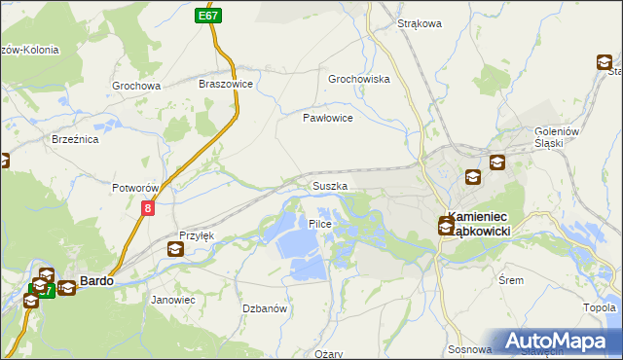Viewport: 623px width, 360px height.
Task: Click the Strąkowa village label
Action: (420, 23)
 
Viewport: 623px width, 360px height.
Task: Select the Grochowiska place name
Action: (359, 79)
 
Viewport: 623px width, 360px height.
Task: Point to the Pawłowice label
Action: (326, 117)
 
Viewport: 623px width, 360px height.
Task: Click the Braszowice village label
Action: (226, 85)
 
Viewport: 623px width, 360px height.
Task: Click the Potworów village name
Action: (135, 187)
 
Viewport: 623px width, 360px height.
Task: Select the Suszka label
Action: (330, 185)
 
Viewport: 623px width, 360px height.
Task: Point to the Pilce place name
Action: (320, 224)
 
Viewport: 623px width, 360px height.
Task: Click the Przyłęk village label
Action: (196, 236)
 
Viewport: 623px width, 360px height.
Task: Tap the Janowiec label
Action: (173, 300)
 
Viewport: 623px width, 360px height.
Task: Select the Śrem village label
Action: (537, 278)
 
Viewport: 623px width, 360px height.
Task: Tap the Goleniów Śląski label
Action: (558, 138)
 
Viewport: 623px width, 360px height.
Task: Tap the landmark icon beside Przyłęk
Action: (174, 249)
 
